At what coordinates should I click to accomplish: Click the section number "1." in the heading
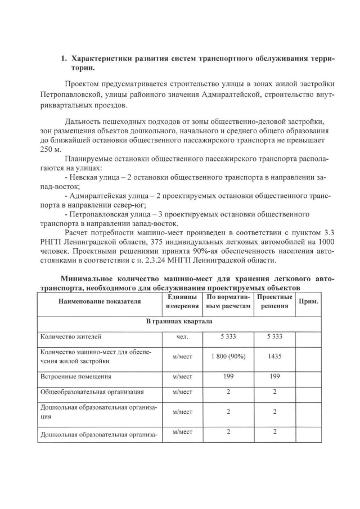[x=64, y=58]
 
